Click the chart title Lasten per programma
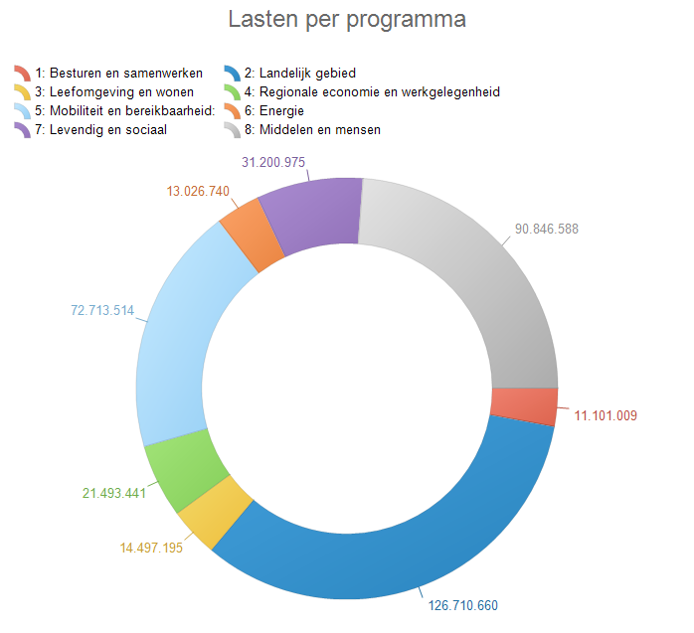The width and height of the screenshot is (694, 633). coord(347,20)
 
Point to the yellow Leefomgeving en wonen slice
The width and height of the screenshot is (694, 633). coord(210,511)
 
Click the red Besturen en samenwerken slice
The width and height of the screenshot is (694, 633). coord(524,405)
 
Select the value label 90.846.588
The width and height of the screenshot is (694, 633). coord(546,229)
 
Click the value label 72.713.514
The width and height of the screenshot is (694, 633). coord(102,311)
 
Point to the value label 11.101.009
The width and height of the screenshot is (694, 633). coord(606,415)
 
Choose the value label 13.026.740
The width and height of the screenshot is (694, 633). coord(188,192)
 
